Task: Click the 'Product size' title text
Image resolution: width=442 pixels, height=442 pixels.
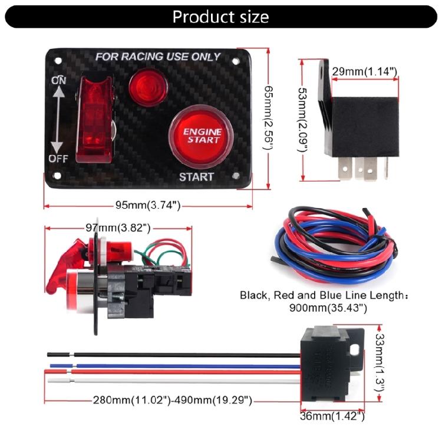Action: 220,17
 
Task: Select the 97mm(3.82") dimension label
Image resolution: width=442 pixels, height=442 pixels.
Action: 118,227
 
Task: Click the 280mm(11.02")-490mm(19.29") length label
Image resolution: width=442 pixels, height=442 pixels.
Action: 173,401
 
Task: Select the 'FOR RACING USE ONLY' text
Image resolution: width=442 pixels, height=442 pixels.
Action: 158,57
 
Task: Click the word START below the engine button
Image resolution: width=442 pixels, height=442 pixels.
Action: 196,176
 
